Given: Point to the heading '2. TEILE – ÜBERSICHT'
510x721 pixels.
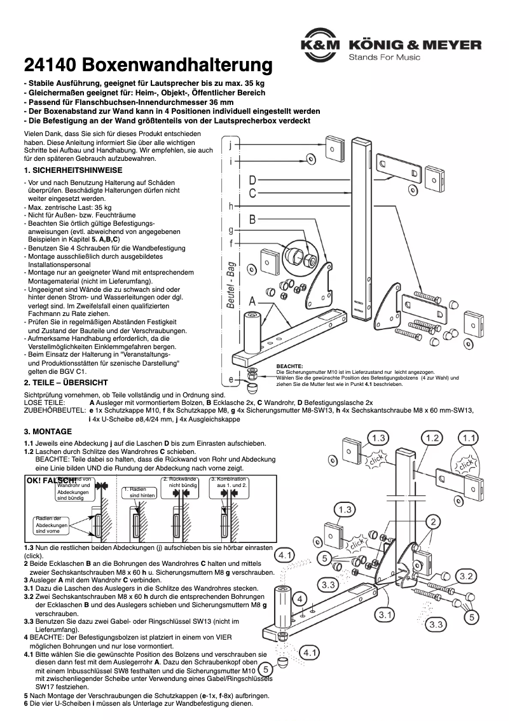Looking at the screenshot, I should [x=65, y=383].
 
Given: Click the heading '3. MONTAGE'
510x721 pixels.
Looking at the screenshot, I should [x=48, y=431].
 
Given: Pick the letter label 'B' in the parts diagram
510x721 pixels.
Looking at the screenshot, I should [x=252, y=219].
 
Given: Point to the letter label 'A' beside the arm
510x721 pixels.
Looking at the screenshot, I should [x=252, y=300].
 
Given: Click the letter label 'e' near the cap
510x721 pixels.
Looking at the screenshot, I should [x=231, y=380].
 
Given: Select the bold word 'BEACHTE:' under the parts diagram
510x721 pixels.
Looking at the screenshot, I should [x=291, y=366].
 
